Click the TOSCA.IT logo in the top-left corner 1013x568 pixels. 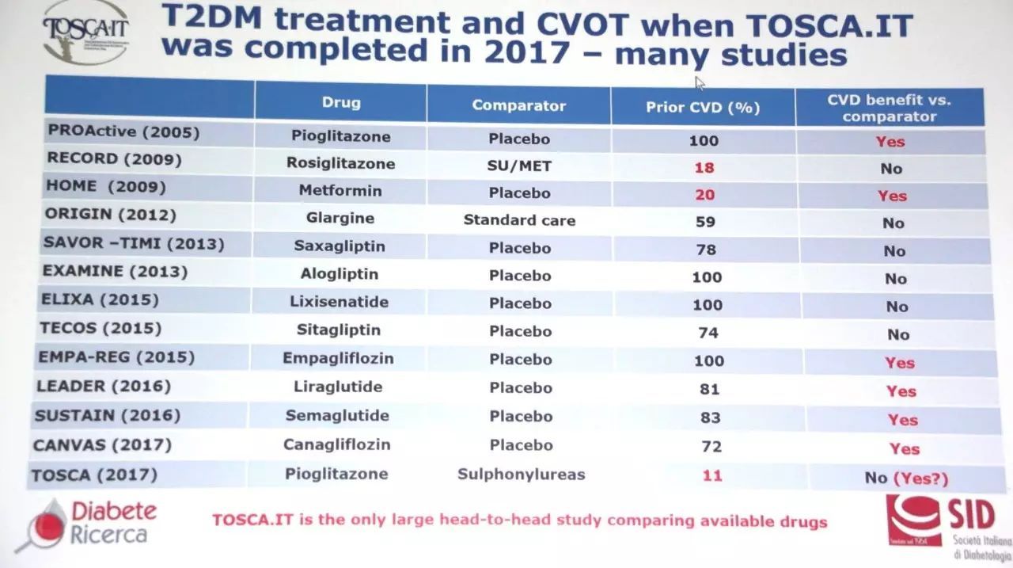(x=85, y=33)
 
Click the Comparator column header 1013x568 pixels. (x=518, y=105)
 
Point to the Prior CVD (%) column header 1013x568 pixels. (x=703, y=107)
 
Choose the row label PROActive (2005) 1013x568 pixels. (x=124, y=132)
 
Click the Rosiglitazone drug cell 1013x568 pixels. (x=340, y=164)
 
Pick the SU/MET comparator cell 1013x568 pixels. (x=519, y=166)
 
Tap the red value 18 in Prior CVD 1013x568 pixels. (x=704, y=168)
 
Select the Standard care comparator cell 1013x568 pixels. (x=519, y=220)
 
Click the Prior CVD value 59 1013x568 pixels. (x=705, y=223)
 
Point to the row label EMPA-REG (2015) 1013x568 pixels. (x=116, y=357)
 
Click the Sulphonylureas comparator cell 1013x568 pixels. (x=521, y=475)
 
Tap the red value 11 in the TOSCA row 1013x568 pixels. (x=711, y=476)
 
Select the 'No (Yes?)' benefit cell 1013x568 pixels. (x=906, y=478)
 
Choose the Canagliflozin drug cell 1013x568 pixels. (x=337, y=444)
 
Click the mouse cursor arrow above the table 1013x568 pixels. (x=700, y=82)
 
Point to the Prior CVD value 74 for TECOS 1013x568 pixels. (x=708, y=333)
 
